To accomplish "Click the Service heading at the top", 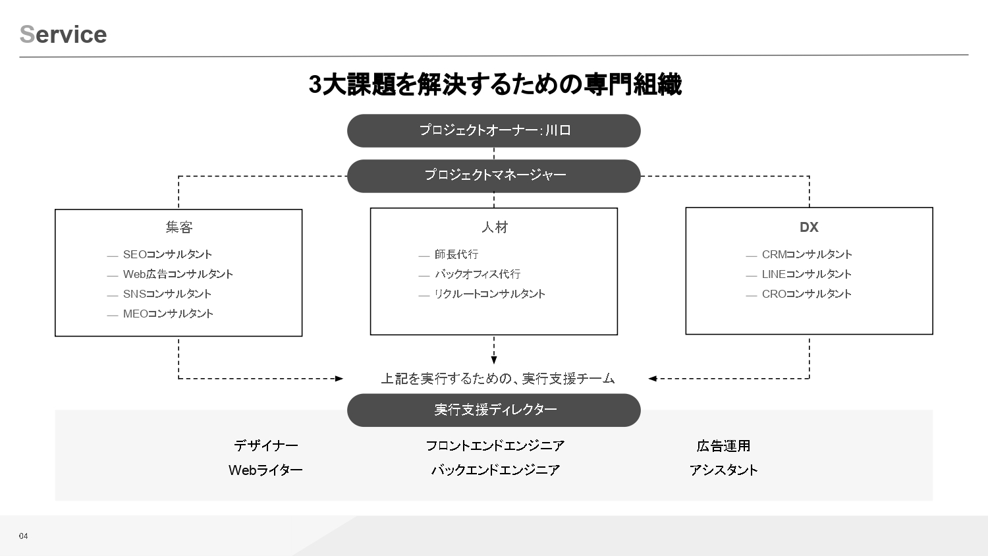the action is (63, 34).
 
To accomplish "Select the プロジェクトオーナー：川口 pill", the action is (493, 130).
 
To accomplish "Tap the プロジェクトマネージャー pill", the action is (493, 176).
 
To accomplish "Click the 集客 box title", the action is (179, 227).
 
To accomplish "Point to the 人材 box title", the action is (495, 227).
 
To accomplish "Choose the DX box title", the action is (809, 227).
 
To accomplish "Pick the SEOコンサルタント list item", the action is (167, 254).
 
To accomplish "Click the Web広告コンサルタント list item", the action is (178, 274).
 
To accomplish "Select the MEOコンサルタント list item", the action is (168, 314).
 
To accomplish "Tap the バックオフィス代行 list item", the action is (478, 274).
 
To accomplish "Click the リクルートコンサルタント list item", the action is (489, 294).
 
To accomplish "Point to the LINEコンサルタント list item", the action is (807, 274).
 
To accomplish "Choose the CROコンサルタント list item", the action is (807, 294).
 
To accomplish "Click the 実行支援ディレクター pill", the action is (493, 410).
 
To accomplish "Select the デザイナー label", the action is (266, 446).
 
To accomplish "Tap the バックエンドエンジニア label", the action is (495, 470).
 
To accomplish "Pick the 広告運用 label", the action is (723, 446).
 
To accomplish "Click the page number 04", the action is (23, 536).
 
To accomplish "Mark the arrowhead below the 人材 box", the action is (493, 360).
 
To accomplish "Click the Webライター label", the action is (265, 470).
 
